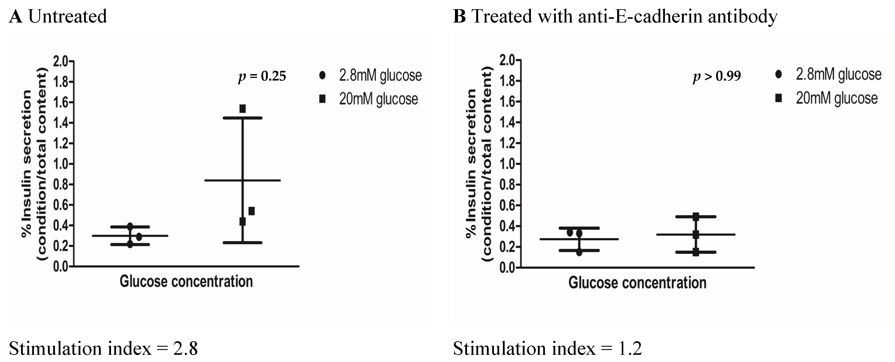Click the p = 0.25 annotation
point(262,76)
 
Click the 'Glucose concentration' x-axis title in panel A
point(186,281)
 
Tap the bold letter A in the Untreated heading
point(16,16)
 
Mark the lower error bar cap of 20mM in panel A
point(243,243)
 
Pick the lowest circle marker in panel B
point(579,252)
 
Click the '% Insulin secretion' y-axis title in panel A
point(26,163)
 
